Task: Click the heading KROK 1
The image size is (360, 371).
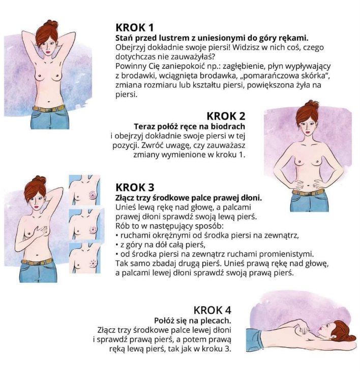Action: pyautogui.click(x=135, y=27)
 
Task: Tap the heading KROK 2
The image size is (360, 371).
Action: pyautogui.click(x=226, y=116)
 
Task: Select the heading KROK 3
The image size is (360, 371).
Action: pyautogui.click(x=135, y=187)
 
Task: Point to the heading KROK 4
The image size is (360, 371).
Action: pyautogui.click(x=212, y=310)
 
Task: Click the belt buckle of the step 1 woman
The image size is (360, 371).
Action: pyautogui.click(x=48, y=110)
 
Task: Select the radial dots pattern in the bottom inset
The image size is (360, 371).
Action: pyautogui.click(x=93, y=263)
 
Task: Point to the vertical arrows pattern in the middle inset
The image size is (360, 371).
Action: pyautogui.click(x=93, y=229)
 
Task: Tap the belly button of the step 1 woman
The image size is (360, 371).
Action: pyautogui.click(x=49, y=102)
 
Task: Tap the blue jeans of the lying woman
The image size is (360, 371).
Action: pyautogui.click(x=254, y=340)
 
